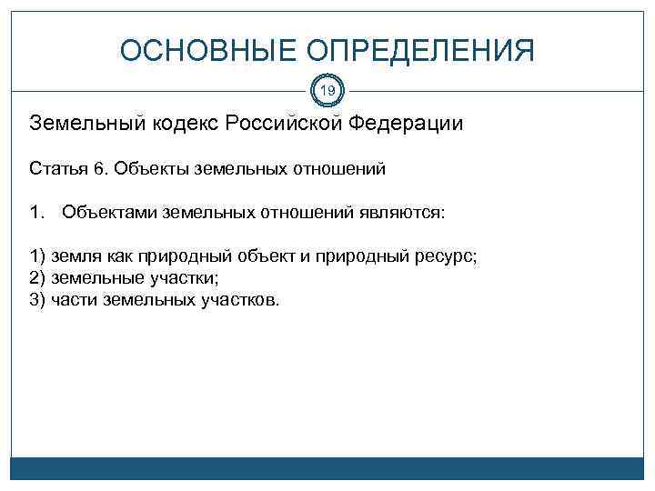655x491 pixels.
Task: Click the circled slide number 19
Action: click(x=327, y=91)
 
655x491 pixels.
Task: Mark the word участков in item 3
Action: click(x=238, y=301)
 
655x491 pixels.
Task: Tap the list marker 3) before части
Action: click(x=38, y=301)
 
